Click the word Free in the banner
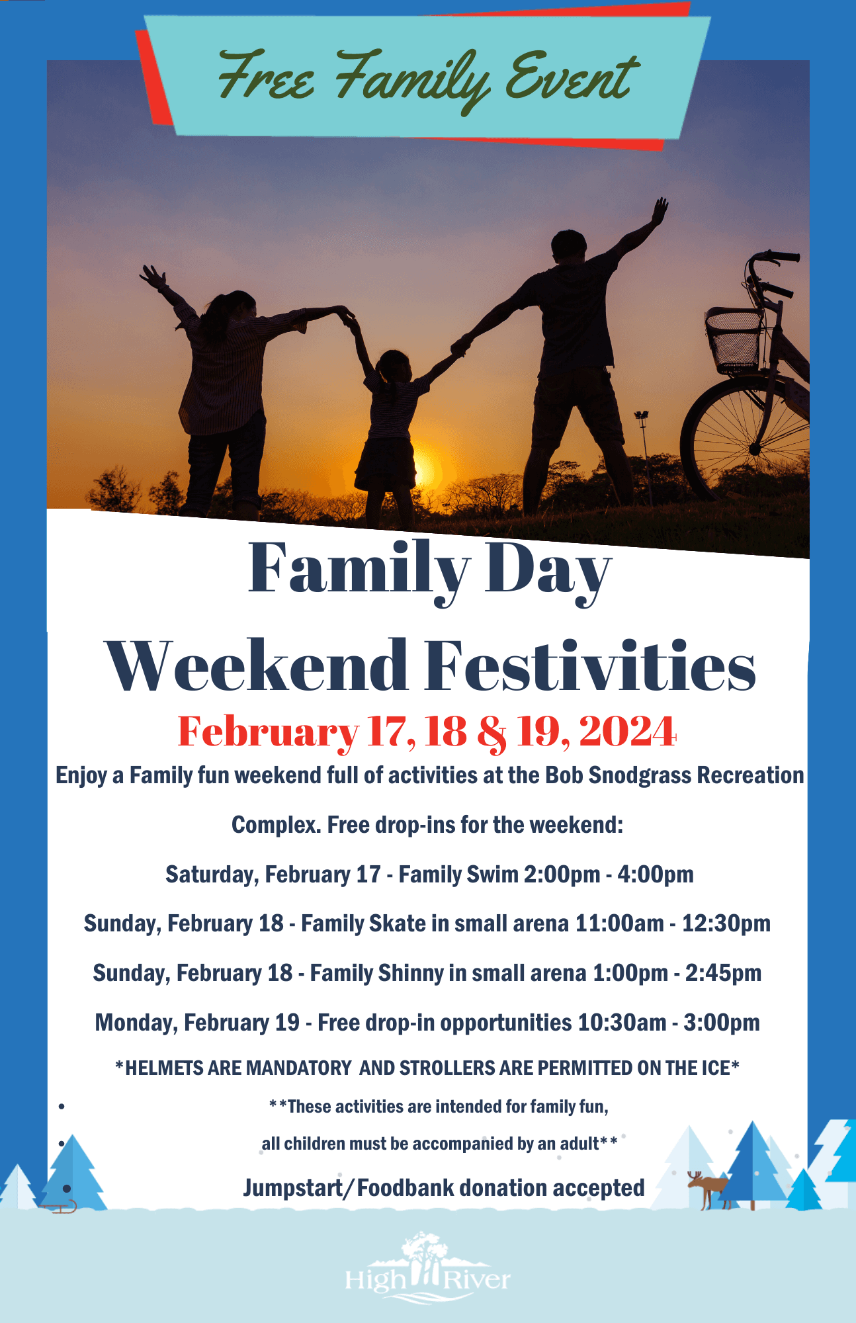266,78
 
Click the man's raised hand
659,212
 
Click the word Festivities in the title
590,665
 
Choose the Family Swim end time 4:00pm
656,875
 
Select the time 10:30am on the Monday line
622,1023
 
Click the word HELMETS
165,1068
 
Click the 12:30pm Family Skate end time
726,924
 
